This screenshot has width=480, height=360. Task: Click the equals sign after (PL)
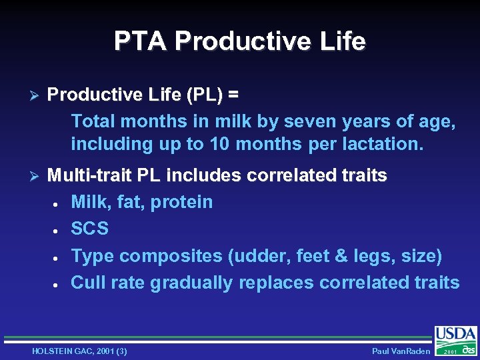click(233, 96)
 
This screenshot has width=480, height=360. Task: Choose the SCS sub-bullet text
click(89, 229)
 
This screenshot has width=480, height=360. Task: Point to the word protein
click(181, 202)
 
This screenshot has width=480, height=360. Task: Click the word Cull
click(88, 283)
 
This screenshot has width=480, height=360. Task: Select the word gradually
click(191, 283)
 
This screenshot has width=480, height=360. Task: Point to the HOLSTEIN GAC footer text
click(79, 351)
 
